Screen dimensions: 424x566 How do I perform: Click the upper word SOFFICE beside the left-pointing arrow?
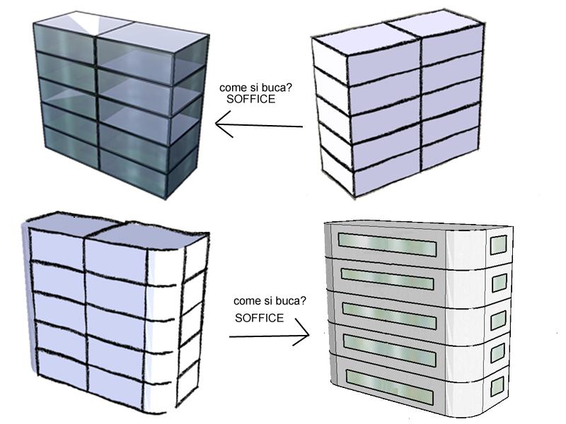pos(251,100)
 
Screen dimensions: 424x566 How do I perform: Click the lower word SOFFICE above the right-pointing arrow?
pos(260,318)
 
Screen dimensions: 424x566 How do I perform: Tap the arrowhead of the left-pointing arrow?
pos(221,128)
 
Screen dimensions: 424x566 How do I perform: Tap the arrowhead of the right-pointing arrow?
pos(303,335)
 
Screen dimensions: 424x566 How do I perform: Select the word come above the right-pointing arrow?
pos(246,301)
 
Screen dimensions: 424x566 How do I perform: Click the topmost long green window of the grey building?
pos(386,243)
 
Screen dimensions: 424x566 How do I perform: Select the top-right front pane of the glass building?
pos(134,67)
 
